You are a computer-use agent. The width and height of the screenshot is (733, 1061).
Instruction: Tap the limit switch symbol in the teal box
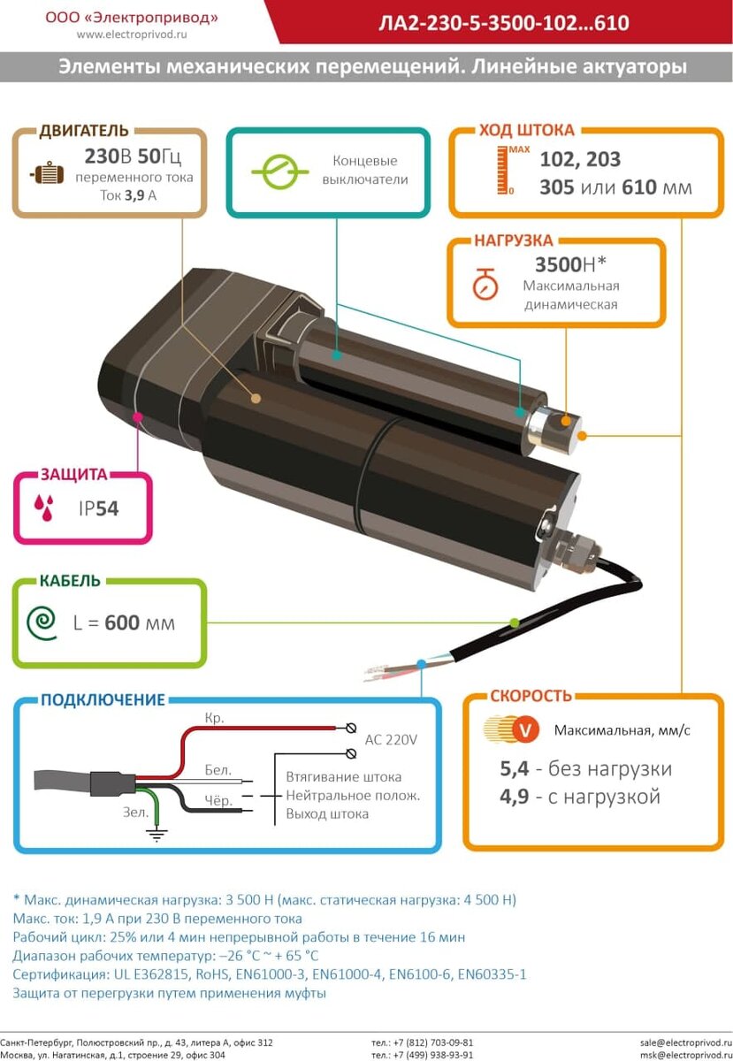[x=279, y=172]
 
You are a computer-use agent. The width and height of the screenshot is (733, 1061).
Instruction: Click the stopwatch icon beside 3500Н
[x=484, y=283]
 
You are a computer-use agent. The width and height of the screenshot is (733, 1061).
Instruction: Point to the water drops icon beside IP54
[x=44, y=507]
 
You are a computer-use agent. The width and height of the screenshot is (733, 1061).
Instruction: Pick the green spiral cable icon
[x=42, y=622]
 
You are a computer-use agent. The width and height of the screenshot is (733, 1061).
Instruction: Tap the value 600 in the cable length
[x=122, y=622]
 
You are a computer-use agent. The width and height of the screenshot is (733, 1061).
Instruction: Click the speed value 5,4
[x=515, y=769]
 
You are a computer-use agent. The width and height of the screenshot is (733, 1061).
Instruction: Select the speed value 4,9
[x=515, y=797]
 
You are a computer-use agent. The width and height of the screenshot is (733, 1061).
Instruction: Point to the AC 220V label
[x=391, y=739]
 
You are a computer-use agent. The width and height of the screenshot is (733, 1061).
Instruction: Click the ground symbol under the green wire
[x=157, y=831]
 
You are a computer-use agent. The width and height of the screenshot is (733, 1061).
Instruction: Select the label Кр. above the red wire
[x=214, y=718]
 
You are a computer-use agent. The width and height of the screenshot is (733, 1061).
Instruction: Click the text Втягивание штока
[x=343, y=776]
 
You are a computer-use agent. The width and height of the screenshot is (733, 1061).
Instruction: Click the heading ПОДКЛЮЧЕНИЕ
[x=103, y=700]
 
